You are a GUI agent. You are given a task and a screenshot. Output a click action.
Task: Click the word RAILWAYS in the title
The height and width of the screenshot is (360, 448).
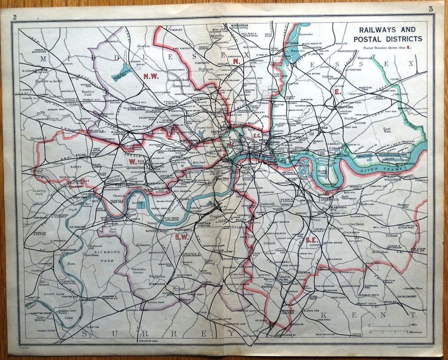pos(369,30)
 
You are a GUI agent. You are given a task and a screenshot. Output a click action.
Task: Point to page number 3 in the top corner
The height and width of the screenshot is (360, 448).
pos(431,9)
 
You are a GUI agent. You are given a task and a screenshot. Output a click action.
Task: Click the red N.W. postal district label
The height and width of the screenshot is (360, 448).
pos(151,77)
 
